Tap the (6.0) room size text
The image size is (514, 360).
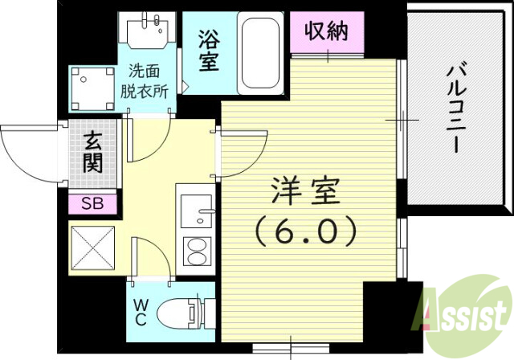(306, 233)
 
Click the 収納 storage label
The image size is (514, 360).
(326, 33)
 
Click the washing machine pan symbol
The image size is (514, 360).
(92, 88)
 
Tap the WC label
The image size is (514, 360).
(140, 313)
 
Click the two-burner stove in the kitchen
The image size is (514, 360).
(195, 253)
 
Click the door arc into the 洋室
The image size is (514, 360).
(244, 155)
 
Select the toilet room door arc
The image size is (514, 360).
(149, 257)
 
